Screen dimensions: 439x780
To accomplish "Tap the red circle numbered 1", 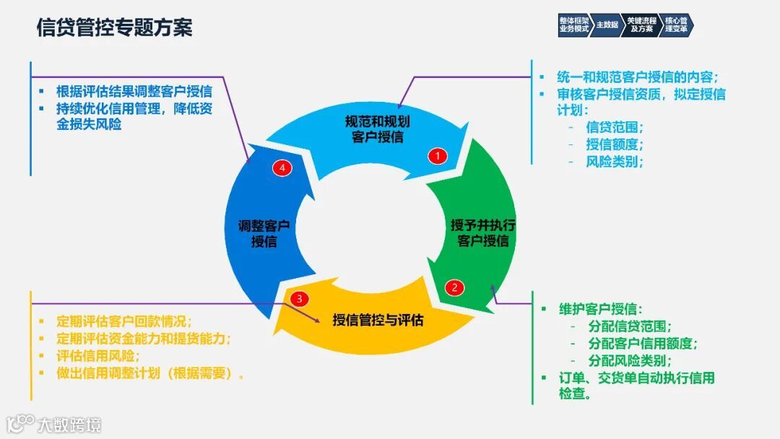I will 437,155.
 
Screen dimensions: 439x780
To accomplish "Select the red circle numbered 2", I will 454,287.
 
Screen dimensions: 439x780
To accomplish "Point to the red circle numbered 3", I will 300,298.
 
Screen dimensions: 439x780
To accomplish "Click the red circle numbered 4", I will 282,168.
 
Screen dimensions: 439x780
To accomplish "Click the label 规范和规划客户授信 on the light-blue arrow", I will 377,129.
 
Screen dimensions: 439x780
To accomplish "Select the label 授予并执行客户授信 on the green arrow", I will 483,232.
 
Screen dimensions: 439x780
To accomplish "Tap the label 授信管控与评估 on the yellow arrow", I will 378,319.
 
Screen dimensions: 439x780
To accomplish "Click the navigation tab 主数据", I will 607,25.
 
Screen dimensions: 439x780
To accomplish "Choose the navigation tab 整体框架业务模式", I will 574,25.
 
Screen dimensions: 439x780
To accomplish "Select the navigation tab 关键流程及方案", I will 641,25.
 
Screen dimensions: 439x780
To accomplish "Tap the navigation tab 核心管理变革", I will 676,25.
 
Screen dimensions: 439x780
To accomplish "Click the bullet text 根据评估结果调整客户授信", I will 134,92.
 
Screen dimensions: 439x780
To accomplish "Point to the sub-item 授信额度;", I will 614,144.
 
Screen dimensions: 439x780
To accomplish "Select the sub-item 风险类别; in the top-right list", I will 614,161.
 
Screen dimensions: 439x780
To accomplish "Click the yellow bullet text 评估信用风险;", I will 98,356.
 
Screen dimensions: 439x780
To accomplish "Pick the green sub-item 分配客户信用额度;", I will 642,343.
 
